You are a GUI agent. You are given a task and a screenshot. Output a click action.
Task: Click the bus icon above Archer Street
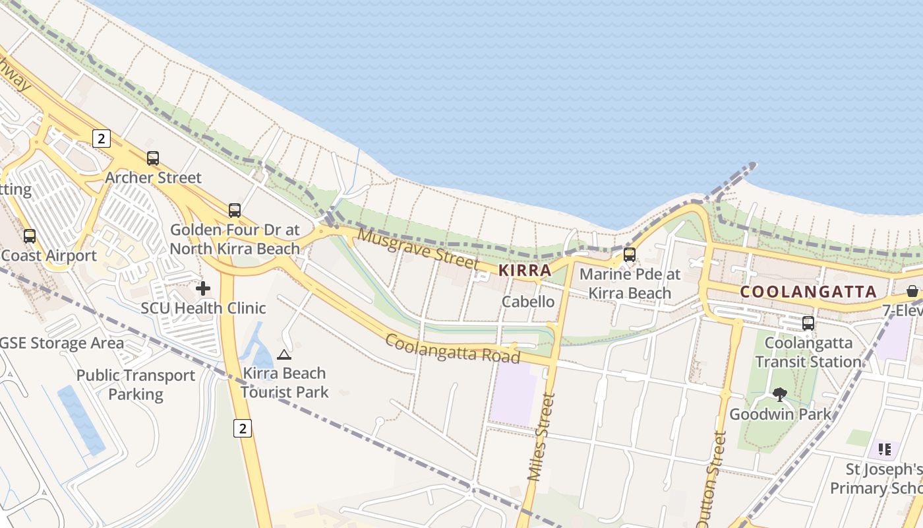pos(153,158)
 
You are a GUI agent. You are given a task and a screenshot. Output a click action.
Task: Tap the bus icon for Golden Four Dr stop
pos(235,211)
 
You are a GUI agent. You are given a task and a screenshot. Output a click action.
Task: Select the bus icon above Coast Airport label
pos(30,236)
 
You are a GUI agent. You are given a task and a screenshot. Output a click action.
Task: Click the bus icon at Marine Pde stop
pos(630,254)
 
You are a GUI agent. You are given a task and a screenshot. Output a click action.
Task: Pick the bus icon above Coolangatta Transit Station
pos(808,323)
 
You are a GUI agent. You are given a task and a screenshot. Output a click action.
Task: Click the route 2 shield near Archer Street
pos(101,139)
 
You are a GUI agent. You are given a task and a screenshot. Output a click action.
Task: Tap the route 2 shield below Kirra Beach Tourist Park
pos(243,429)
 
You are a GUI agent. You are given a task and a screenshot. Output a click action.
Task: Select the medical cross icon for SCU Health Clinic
pos(203,288)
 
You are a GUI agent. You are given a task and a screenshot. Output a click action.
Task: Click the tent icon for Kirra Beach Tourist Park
pos(284,354)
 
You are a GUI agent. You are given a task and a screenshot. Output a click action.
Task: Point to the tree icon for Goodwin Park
pos(780,395)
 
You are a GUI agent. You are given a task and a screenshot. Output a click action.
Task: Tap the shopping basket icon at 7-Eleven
pos(912,291)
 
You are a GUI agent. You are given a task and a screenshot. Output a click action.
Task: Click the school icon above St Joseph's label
pos(885,449)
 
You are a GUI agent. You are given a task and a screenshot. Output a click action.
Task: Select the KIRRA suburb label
pos(525,270)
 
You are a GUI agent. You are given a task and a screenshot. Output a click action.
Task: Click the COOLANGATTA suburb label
pos(808,291)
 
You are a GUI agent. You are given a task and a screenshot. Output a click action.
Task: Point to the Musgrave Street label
pos(418,248)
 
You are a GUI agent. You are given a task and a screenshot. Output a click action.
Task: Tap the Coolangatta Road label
pos(452,348)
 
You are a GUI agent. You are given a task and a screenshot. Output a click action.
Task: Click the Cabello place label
pos(528,302)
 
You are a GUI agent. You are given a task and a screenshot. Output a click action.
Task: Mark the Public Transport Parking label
pos(136,385)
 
